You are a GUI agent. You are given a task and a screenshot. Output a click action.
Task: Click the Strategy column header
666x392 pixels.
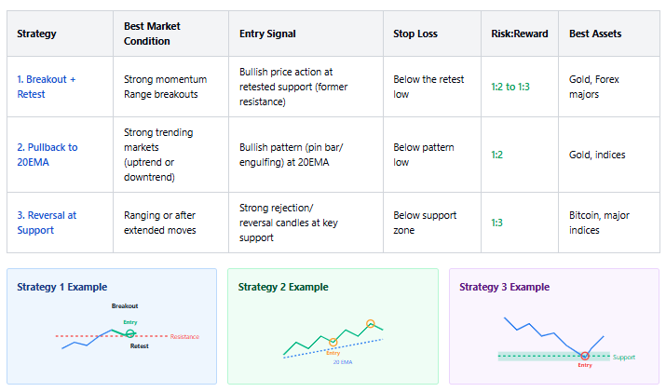click(x=36, y=34)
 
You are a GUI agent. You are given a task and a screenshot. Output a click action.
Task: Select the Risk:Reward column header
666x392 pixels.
click(x=520, y=34)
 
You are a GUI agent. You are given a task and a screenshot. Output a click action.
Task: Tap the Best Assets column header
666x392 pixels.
click(x=595, y=34)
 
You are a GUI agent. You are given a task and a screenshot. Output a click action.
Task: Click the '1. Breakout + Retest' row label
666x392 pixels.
click(x=47, y=87)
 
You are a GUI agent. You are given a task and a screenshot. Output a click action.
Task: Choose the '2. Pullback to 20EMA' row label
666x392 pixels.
click(x=48, y=155)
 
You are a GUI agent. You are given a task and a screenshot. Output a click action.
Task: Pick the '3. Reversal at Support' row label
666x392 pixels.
click(x=47, y=223)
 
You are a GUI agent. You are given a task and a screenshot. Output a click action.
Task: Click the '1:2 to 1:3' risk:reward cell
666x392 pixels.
click(x=510, y=87)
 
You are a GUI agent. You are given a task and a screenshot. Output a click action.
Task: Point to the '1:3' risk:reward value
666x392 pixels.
click(x=496, y=223)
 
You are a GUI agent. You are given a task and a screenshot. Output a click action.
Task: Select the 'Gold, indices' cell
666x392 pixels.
click(x=597, y=155)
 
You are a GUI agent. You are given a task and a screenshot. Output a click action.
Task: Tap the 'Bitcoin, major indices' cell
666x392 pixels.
click(x=599, y=223)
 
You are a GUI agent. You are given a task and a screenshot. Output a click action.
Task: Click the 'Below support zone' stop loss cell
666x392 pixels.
click(x=425, y=223)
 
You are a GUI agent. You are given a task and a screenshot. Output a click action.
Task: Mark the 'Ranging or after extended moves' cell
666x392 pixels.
click(x=159, y=223)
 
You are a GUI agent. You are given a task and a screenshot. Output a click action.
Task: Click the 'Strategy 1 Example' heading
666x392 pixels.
click(x=62, y=287)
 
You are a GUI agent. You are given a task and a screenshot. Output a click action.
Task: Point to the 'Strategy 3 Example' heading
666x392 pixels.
click(x=504, y=287)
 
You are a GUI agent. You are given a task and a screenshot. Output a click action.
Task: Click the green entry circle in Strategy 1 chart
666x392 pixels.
click(x=130, y=333)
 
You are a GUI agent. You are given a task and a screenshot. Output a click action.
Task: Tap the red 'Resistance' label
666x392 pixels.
click(x=184, y=337)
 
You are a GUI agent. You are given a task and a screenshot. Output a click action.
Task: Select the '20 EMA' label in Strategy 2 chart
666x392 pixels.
click(x=343, y=362)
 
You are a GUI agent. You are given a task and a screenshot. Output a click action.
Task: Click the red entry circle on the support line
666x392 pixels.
click(x=585, y=356)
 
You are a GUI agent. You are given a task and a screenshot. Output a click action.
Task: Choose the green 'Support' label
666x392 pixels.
click(x=624, y=358)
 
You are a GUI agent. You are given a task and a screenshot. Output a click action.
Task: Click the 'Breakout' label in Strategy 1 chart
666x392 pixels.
click(x=125, y=305)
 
